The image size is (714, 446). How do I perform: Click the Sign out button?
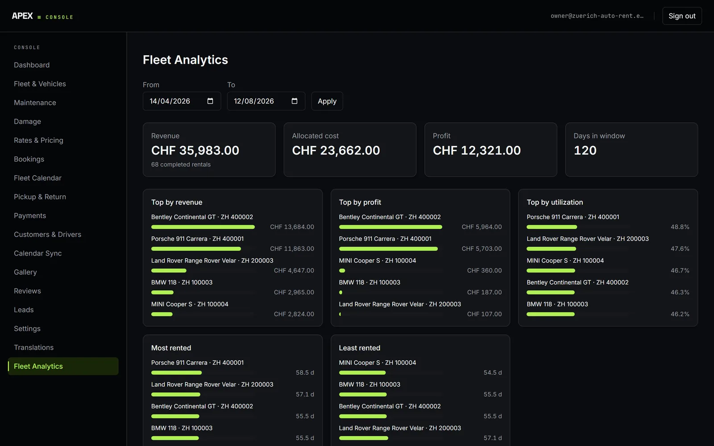682,16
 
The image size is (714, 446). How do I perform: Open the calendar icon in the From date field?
210,101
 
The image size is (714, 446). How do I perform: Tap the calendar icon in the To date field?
295,101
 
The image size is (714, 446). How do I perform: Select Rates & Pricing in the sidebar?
38,140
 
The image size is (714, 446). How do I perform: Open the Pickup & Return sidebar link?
40,197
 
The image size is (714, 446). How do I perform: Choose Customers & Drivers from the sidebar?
47,235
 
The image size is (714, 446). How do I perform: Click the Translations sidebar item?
34,347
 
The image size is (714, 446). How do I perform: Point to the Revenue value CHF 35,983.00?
195,150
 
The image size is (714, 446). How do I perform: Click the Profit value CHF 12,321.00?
477,150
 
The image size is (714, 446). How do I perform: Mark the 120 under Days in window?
585,150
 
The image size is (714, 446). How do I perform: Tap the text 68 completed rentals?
181,165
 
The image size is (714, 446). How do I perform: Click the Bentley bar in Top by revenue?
203,227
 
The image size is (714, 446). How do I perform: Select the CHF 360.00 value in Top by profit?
484,270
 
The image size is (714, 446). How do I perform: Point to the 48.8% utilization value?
680,227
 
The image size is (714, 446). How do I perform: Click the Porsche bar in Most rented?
176,373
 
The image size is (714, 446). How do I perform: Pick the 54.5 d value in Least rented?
493,373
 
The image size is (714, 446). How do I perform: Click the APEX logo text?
22,16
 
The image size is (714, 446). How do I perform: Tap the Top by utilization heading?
555,202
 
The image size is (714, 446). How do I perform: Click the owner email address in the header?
597,16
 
